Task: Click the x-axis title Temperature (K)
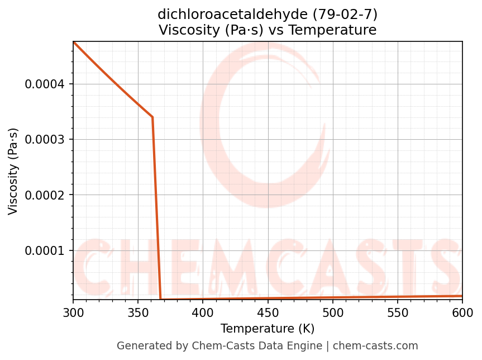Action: [x=268, y=328]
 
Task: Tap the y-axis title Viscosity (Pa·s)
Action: [x=13, y=171]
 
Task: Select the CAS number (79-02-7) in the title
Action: [x=342, y=14]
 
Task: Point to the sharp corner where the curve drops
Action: [x=152, y=117]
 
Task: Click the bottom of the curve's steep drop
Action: [x=161, y=300]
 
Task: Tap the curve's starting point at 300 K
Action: [x=74, y=42]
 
